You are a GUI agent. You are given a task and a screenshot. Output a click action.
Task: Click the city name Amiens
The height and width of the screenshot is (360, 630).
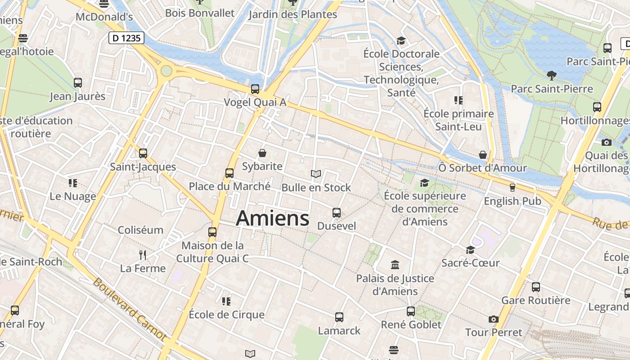pos(273,218)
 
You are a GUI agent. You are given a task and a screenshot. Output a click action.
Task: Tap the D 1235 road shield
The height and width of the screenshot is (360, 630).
pos(126,38)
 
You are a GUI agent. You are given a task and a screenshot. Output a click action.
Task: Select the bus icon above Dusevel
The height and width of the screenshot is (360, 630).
pos(337,213)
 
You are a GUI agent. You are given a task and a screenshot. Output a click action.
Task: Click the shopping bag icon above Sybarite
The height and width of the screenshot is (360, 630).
pos(262,153)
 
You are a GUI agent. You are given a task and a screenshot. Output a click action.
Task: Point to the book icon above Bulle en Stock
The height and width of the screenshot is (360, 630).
pos(316,174)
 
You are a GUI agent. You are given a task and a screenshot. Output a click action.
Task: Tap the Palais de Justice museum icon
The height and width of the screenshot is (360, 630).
pos(395,265)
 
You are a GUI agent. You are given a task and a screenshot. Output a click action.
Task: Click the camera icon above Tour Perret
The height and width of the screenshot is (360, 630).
pos(494,319)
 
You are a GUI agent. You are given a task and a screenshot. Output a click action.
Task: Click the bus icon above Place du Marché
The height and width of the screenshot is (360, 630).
pos(229,173)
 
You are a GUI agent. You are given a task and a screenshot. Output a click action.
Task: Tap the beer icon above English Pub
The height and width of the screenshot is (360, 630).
pos(512,188)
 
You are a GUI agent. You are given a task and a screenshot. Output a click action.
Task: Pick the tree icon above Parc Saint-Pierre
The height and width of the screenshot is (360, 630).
pos(552,75)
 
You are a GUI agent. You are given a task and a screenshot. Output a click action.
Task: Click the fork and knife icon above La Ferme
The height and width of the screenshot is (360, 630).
pos(143,255)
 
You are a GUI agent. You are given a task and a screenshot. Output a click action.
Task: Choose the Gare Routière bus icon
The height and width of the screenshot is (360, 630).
pos(535,287)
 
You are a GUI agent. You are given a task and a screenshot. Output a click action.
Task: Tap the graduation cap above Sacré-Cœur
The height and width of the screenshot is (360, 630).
pos(471,250)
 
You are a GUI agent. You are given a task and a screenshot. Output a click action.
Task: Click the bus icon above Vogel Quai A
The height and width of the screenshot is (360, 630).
pos(255,89)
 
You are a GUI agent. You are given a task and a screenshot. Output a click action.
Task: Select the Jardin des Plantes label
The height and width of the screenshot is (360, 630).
pos(292,14)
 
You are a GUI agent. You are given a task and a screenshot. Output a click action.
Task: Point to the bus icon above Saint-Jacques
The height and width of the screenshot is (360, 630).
pos(143,153)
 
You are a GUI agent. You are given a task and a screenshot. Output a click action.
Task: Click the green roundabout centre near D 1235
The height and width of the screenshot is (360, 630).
pos(166,71)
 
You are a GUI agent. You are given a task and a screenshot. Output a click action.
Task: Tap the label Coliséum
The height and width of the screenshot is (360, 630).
pos(140,230)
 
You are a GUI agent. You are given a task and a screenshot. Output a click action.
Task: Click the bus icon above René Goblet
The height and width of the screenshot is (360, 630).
pos(411,311)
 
